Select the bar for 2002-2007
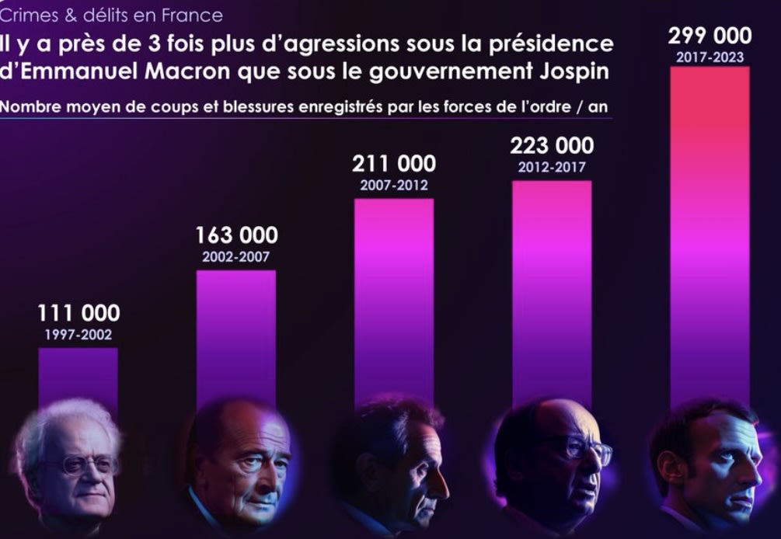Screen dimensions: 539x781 pyautogui.click(x=235, y=334)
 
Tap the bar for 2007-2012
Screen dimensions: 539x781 pyautogui.click(x=394, y=295)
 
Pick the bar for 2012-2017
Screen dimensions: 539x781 pyautogui.click(x=552, y=287)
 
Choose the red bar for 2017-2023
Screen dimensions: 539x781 pyautogui.click(x=710, y=233)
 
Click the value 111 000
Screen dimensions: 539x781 pyautogui.click(x=78, y=313)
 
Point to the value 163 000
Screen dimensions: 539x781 pyautogui.click(x=235, y=235)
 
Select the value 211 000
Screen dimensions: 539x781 pyautogui.click(x=394, y=164)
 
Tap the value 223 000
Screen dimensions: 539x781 pyautogui.click(x=552, y=145)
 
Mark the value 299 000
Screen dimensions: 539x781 pyautogui.click(x=710, y=36)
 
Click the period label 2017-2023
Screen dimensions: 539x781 pyautogui.click(x=710, y=57)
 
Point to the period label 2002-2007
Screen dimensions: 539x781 pyautogui.click(x=235, y=257)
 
